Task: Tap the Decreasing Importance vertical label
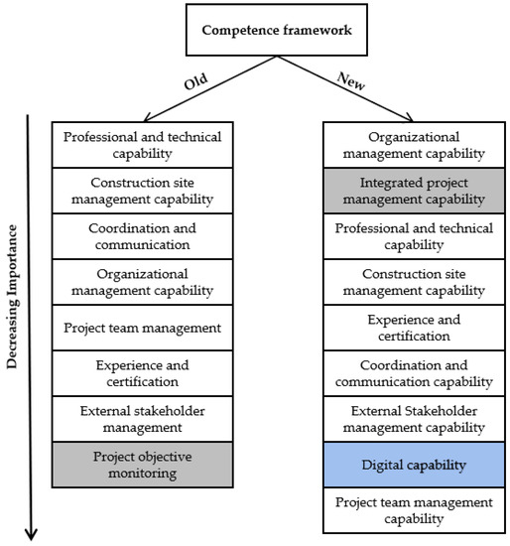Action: (x=15, y=295)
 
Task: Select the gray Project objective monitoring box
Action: (x=141, y=465)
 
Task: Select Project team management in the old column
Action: (x=141, y=328)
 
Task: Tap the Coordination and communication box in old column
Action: (x=141, y=236)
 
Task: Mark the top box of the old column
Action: (x=141, y=145)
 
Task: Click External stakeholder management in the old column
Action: (x=141, y=419)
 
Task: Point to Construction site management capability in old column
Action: (x=141, y=191)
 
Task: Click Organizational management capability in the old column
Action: (x=141, y=282)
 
